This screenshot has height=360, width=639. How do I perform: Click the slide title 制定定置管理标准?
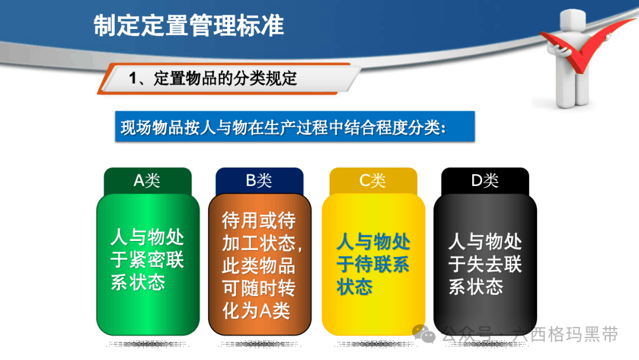coord(188,25)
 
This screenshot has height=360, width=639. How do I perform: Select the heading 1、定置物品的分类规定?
coord(213,78)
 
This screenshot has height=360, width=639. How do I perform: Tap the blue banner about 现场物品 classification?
coord(295,127)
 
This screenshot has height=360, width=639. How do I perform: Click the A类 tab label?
coord(147,180)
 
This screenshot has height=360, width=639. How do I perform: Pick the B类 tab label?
coord(259,180)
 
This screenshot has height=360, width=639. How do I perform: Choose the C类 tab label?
coord(373,180)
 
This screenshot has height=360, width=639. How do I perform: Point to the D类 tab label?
coord(485,180)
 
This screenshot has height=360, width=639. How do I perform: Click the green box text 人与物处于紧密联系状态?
coord(147,259)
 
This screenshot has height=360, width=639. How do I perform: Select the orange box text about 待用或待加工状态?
coord(262,265)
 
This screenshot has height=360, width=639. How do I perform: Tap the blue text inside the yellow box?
coord(373,263)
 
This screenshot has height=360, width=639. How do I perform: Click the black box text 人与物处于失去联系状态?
coord(485,263)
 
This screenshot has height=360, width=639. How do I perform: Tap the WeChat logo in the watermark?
coord(424,334)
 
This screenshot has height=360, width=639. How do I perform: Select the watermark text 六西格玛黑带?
coord(565,335)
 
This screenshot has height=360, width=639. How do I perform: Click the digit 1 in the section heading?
coord(133,78)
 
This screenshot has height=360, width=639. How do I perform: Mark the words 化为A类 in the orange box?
coord(256,311)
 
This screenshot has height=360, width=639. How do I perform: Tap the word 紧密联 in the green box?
coord(156,259)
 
